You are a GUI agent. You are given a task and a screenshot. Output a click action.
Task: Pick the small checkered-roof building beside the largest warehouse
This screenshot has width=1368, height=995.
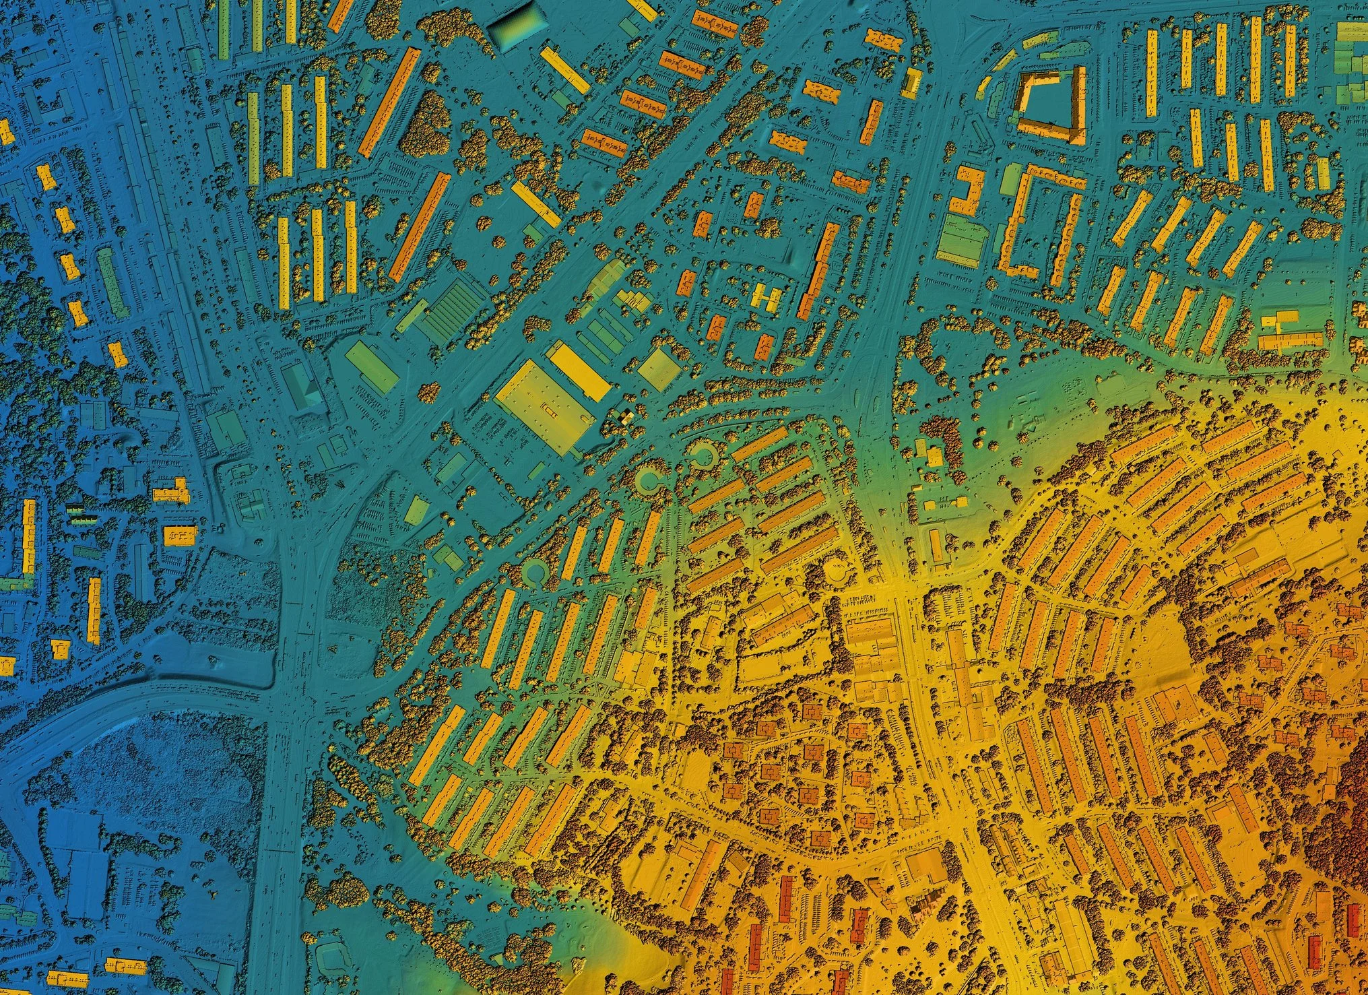626,418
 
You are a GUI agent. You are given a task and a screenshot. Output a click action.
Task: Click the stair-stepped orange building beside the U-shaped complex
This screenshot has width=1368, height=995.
967,191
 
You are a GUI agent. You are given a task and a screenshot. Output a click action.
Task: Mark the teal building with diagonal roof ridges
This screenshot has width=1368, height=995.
302,386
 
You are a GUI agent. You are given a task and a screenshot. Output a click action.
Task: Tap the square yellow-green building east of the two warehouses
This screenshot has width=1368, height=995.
657,369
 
